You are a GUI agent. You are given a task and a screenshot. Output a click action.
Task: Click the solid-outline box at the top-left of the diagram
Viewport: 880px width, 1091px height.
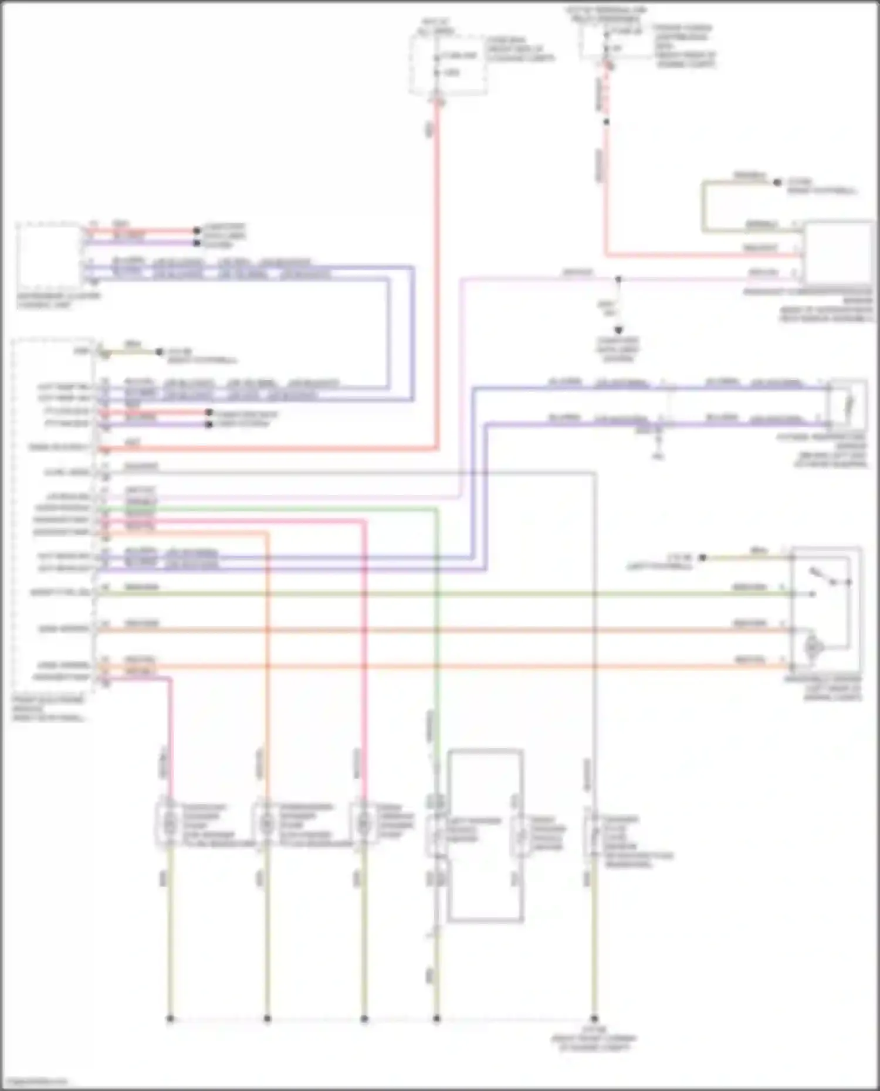tap(50, 256)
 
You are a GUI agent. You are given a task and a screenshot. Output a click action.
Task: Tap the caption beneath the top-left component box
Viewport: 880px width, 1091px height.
tap(59, 300)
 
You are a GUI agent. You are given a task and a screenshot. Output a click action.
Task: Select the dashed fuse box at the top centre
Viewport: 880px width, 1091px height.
tap(448, 64)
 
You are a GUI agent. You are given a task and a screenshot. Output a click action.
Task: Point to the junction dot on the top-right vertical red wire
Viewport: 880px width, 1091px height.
tap(606, 122)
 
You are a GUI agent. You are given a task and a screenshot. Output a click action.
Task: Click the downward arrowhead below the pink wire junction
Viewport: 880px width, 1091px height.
tap(618, 330)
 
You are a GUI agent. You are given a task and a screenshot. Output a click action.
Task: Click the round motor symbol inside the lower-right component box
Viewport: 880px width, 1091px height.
tap(813, 647)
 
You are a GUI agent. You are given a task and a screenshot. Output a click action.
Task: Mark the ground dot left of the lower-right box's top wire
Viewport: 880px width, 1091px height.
tap(702, 558)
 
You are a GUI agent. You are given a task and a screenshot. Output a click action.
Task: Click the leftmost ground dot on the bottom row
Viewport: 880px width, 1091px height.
tap(170, 1019)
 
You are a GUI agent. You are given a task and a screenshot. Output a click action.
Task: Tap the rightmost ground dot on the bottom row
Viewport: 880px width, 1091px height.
tap(594, 1019)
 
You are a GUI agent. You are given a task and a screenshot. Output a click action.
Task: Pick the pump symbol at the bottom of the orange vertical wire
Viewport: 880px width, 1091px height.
tap(267, 824)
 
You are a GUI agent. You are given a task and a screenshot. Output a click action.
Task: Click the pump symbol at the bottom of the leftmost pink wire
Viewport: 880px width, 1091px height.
tap(170, 824)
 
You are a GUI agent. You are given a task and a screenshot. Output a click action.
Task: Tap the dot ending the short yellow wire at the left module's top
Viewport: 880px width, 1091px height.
tap(159, 352)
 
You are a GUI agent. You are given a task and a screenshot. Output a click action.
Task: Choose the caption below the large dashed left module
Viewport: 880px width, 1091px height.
tap(49, 709)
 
